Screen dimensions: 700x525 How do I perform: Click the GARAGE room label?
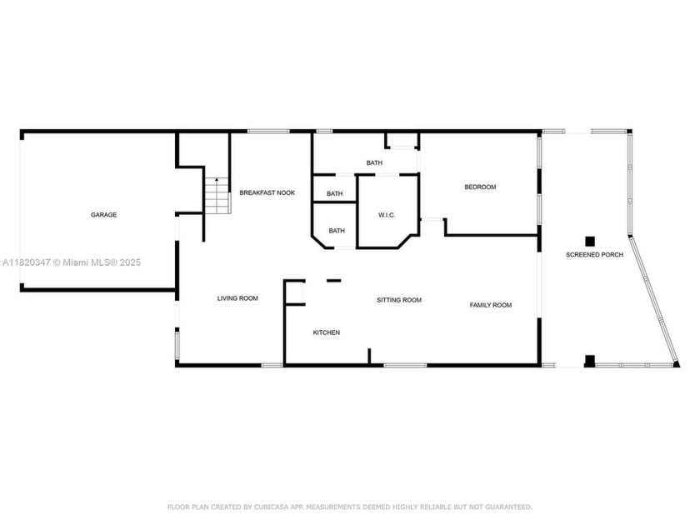pos(103,215)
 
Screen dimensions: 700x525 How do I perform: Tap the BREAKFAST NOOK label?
pos(267,192)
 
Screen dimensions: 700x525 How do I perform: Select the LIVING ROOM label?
pos(237,298)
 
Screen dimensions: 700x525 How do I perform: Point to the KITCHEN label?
pos(327,332)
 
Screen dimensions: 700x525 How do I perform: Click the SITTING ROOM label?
pos(399,300)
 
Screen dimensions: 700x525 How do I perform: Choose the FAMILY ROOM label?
pos(491,305)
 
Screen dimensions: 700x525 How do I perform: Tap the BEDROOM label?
pos(480,187)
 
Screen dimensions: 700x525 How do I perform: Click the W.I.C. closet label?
pos(387,215)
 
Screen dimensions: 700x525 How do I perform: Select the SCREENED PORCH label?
pos(595,254)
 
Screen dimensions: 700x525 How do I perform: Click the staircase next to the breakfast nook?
pos(217,196)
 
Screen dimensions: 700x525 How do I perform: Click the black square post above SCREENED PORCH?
pos(590,241)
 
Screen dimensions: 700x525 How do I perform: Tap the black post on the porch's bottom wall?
pos(590,361)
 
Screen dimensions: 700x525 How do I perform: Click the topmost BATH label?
pos(374,163)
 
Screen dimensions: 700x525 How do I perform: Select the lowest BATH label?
pos(337,231)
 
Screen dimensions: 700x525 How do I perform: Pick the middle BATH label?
pos(335,193)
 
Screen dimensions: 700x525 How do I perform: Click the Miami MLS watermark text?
pos(72,262)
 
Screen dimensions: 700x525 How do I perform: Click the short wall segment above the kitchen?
pos(334,280)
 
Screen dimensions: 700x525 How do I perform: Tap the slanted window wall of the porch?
pos(654,301)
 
